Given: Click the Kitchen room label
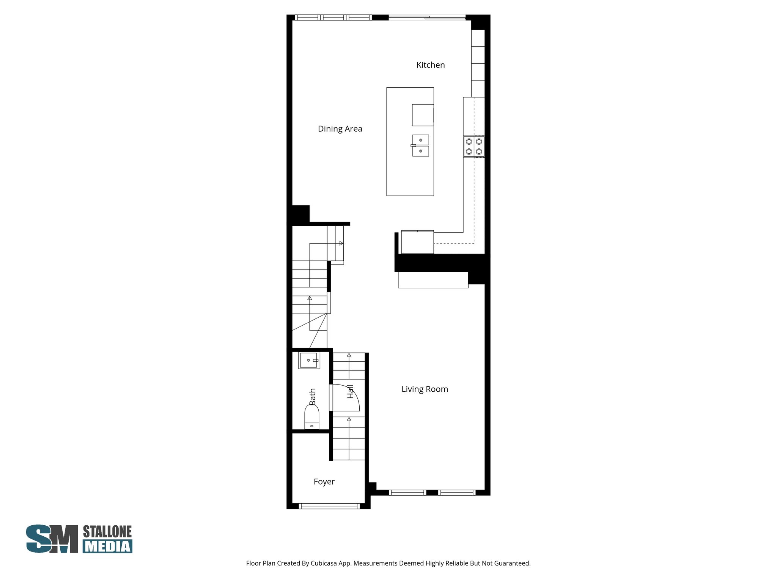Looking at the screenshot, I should [430, 65].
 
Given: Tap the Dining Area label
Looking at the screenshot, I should [340, 129].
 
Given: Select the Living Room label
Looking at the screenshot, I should [425, 389].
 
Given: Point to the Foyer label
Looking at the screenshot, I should [324, 482].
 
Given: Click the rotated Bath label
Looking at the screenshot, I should [312, 396].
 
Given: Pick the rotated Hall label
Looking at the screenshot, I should [350, 391].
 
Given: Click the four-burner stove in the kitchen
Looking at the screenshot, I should [474, 147].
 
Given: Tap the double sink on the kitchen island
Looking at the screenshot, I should [420, 145].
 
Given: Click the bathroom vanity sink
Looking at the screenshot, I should [309, 360].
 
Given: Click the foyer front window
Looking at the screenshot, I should [329, 506].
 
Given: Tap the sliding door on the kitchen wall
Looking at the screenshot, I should [427, 17].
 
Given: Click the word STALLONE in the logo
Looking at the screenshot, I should [107, 532].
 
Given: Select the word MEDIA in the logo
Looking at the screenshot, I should [107, 546].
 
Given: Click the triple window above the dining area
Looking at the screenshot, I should [333, 17].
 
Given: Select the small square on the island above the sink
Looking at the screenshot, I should [423, 115].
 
